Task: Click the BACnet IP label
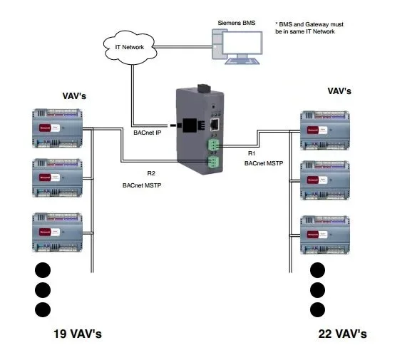click(x=152, y=132)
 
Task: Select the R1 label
click(x=252, y=153)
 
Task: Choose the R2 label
click(x=150, y=173)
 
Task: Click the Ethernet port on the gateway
click(x=214, y=123)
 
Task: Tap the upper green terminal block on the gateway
click(x=213, y=145)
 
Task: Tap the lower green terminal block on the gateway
click(x=213, y=164)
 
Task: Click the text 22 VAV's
click(x=343, y=334)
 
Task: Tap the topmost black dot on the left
click(x=43, y=270)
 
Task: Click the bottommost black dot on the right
click(x=318, y=309)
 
